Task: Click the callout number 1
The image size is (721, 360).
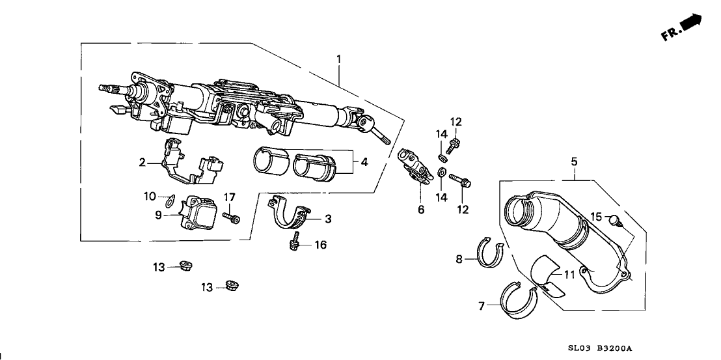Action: pyautogui.click(x=338, y=60)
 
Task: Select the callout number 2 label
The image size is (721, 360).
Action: pyautogui.click(x=141, y=163)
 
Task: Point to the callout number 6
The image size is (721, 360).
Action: pyautogui.click(x=420, y=210)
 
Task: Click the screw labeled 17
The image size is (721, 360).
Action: pyautogui.click(x=232, y=217)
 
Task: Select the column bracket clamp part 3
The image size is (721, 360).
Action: pyautogui.click(x=290, y=213)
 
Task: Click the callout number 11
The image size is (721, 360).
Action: pyautogui.click(x=569, y=275)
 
